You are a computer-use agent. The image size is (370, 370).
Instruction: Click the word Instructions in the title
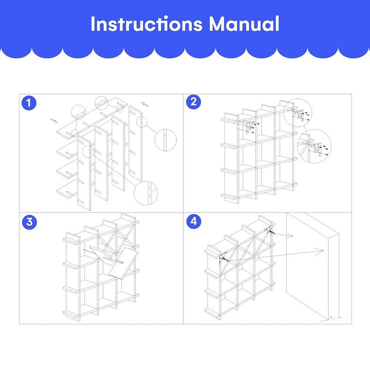(x=147, y=24)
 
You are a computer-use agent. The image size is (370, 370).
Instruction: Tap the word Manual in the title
(x=244, y=24)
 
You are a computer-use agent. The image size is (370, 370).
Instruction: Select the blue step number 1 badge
(x=29, y=103)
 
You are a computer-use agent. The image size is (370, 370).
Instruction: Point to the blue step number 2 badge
(x=194, y=102)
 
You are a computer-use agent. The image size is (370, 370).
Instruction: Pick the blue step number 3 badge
(x=30, y=222)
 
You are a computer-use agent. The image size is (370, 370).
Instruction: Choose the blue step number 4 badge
(x=194, y=221)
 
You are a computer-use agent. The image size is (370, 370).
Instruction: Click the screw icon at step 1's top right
(x=145, y=104)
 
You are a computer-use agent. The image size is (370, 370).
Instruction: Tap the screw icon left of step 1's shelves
(x=54, y=121)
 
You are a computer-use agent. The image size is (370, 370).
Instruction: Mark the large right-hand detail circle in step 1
(x=165, y=140)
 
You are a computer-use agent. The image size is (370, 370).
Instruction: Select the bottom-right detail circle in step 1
(x=145, y=193)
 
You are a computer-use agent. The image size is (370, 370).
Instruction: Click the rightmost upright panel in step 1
(x=135, y=144)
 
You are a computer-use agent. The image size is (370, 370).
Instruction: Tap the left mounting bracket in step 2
(x=250, y=128)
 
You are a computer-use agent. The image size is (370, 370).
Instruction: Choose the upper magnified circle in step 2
(x=298, y=113)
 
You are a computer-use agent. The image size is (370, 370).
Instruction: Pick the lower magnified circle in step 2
(x=314, y=146)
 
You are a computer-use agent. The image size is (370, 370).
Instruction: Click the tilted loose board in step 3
(x=124, y=264)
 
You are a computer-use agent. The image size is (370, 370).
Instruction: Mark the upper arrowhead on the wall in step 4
(x=292, y=235)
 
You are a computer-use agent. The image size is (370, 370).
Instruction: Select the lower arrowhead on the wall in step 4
(x=321, y=251)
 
